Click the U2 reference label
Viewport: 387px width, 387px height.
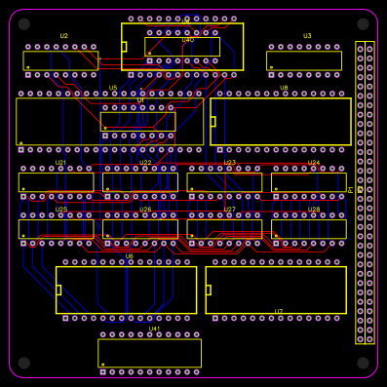coord(64,36)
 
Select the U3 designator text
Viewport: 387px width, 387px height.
coord(307,36)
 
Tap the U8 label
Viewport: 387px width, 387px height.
coord(284,88)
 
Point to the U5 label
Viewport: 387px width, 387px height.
coord(113,88)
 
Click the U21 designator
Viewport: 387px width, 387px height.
coord(60,163)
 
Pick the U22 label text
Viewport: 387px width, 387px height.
coord(145,163)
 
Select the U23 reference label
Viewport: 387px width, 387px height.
coord(230,163)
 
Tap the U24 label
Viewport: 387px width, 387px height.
coord(314,163)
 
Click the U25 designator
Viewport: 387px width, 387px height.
coord(60,210)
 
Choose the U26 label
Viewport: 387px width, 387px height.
coord(145,210)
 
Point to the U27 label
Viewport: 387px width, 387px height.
coord(230,210)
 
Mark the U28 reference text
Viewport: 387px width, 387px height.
coord(314,210)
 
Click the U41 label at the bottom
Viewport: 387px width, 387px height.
coord(154,329)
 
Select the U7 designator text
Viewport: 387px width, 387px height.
coord(279,312)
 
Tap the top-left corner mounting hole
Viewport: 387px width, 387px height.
coord(24,24)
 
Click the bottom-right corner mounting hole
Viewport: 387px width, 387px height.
coord(363,363)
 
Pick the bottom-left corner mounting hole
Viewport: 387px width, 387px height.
coord(24,363)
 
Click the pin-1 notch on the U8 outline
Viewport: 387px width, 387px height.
coord(213,122)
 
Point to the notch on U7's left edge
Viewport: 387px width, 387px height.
coord(209,290)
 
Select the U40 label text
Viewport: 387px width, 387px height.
coord(187,40)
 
